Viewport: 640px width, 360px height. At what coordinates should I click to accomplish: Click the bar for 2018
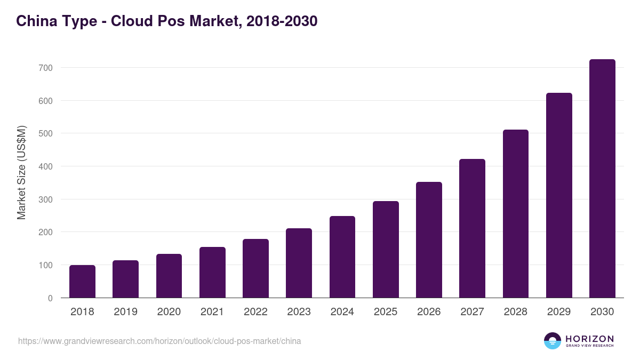pyautogui.click(x=82, y=282)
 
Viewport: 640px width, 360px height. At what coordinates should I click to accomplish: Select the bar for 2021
pyautogui.click(x=212, y=273)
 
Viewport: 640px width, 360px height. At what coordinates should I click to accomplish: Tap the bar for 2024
pyautogui.click(x=342, y=257)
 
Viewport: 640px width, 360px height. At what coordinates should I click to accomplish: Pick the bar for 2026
pyautogui.click(x=429, y=240)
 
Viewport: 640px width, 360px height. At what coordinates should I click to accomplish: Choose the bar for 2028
pyautogui.click(x=516, y=214)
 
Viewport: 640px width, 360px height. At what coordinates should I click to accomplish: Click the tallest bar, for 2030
pyautogui.click(x=602, y=179)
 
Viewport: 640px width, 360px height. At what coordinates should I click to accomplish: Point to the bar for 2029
pyautogui.click(x=559, y=195)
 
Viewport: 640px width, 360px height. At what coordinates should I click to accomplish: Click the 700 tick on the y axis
pyautogui.click(x=46, y=68)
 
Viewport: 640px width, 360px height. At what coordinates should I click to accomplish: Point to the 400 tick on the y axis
pyautogui.click(x=46, y=166)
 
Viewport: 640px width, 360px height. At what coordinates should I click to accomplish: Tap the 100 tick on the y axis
pyautogui.click(x=46, y=265)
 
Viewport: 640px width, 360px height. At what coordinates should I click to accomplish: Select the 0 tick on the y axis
pyautogui.click(x=50, y=298)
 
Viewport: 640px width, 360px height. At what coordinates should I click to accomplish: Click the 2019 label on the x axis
pyautogui.click(x=125, y=312)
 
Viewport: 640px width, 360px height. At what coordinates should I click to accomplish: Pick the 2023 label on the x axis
pyautogui.click(x=299, y=312)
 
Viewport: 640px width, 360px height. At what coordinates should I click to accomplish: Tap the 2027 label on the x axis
pyautogui.click(x=472, y=312)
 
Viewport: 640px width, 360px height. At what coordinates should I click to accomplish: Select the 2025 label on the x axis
pyautogui.click(x=386, y=312)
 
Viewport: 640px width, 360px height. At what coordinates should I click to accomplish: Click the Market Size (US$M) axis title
pyautogui.click(x=21, y=172)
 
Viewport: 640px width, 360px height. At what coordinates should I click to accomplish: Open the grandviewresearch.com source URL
pyautogui.click(x=159, y=341)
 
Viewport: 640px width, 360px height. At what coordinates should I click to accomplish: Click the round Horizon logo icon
pyautogui.click(x=553, y=341)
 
